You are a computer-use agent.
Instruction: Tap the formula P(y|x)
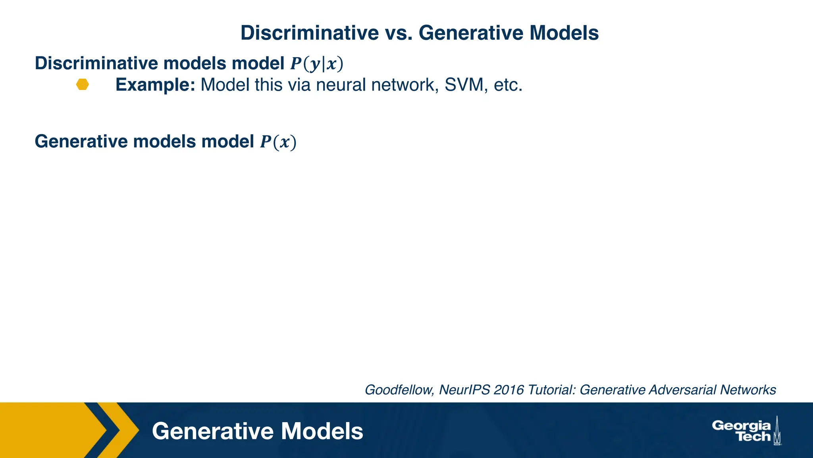(x=316, y=64)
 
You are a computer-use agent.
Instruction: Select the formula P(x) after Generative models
(x=278, y=142)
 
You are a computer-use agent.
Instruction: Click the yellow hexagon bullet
(x=83, y=85)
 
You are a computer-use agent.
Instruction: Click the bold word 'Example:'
(x=155, y=85)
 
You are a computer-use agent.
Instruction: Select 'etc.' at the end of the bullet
(x=508, y=85)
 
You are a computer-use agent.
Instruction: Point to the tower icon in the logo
(x=777, y=431)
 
